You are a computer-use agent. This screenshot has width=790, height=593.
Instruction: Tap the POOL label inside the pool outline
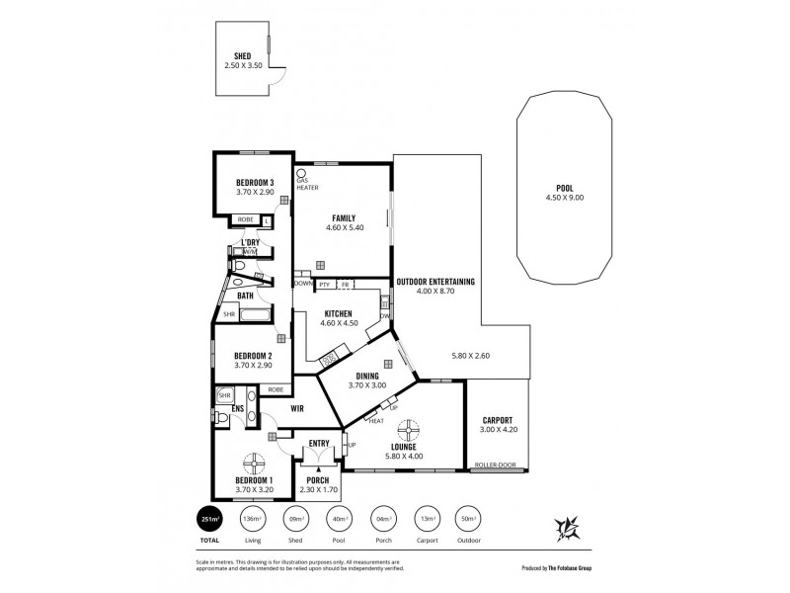(565, 188)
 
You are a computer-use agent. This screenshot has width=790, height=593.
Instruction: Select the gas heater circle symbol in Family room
(301, 172)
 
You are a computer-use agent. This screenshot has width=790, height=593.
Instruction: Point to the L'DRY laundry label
(251, 242)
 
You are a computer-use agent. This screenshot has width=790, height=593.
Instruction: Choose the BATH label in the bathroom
(244, 294)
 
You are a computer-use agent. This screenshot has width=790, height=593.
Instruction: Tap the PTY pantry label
(323, 285)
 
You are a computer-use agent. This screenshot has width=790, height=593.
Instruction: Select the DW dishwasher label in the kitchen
(385, 315)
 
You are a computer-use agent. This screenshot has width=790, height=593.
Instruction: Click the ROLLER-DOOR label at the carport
(496, 465)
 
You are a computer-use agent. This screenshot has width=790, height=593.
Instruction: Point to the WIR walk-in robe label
(295, 408)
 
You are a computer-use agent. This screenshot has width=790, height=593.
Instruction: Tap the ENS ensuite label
(238, 408)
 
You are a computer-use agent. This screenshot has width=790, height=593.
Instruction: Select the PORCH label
(318, 480)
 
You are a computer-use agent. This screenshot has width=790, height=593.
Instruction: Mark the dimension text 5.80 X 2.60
(470, 355)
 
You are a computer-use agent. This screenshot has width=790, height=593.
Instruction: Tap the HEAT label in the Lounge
(376, 422)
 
